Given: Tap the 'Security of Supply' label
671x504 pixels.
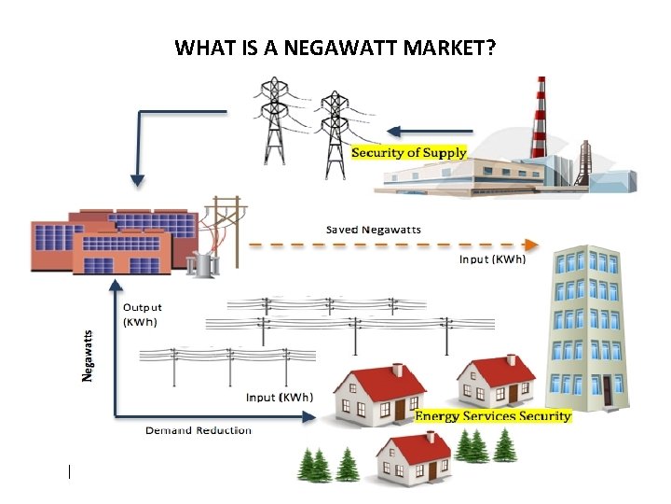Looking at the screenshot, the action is (409, 152).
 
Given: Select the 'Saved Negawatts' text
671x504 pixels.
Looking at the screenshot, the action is (373, 230).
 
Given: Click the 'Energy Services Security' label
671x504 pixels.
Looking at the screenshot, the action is (492, 416).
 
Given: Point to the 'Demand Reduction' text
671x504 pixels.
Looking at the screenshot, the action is (198, 430).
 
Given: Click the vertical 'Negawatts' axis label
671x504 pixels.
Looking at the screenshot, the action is (89, 356).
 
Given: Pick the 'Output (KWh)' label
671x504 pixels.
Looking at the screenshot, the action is (143, 315).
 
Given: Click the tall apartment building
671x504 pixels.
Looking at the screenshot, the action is (586, 327).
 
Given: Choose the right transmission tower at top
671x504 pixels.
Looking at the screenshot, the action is (333, 132).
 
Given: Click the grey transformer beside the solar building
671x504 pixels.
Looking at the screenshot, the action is (200, 264).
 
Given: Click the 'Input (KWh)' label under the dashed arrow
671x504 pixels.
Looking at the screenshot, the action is (492, 259).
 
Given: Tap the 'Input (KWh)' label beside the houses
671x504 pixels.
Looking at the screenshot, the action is (279, 398).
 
